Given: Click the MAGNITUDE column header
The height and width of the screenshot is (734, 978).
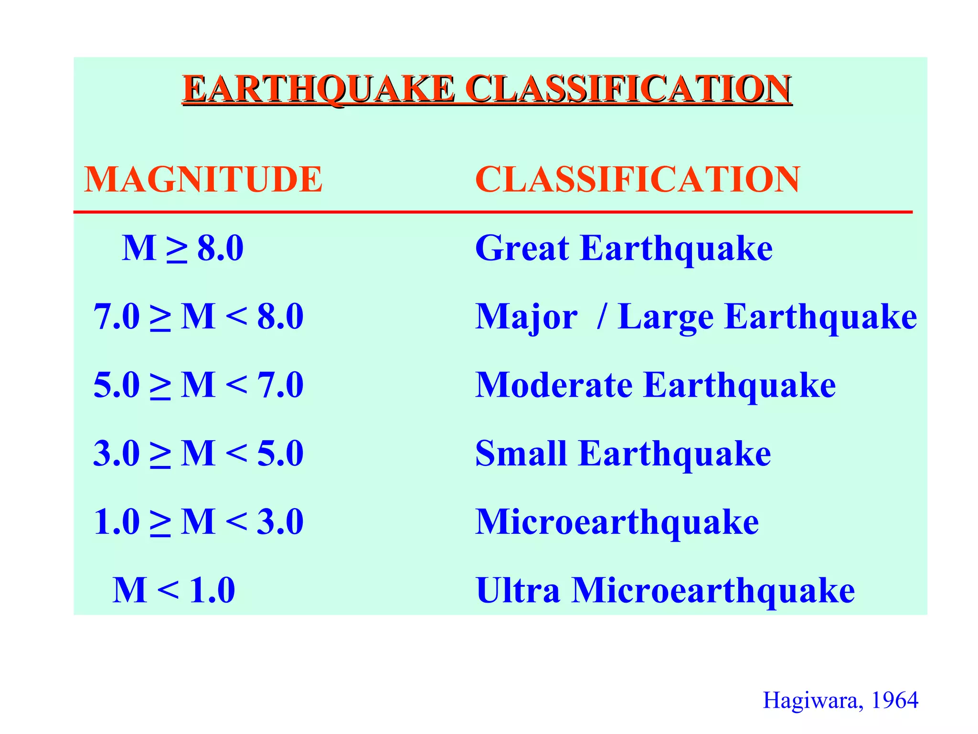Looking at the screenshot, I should [203, 180].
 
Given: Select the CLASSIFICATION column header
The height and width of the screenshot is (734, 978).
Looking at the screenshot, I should [637, 180].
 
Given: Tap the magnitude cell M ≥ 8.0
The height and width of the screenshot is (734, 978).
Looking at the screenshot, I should [182, 248].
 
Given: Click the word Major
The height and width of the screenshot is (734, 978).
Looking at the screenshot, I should [526, 318].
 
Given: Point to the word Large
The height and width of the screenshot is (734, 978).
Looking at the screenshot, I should [666, 318].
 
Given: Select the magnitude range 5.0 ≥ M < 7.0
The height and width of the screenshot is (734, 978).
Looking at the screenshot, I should [198, 385].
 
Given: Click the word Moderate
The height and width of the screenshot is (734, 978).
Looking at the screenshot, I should [554, 385].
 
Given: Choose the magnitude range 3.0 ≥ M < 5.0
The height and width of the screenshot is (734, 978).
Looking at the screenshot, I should [198, 453].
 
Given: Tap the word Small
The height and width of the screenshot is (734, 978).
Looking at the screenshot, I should [521, 453].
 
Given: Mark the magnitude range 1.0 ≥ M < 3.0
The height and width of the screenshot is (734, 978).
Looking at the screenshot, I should [198, 522].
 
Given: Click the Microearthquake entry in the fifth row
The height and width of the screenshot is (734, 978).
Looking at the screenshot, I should [617, 522].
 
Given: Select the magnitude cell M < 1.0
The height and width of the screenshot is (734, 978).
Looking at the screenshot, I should [174, 591].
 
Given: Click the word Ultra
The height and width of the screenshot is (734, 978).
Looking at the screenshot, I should [518, 591].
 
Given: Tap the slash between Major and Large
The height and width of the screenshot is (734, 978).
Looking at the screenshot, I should [602, 317].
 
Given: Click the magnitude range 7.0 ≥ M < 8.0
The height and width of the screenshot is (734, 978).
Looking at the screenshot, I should [198, 317].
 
